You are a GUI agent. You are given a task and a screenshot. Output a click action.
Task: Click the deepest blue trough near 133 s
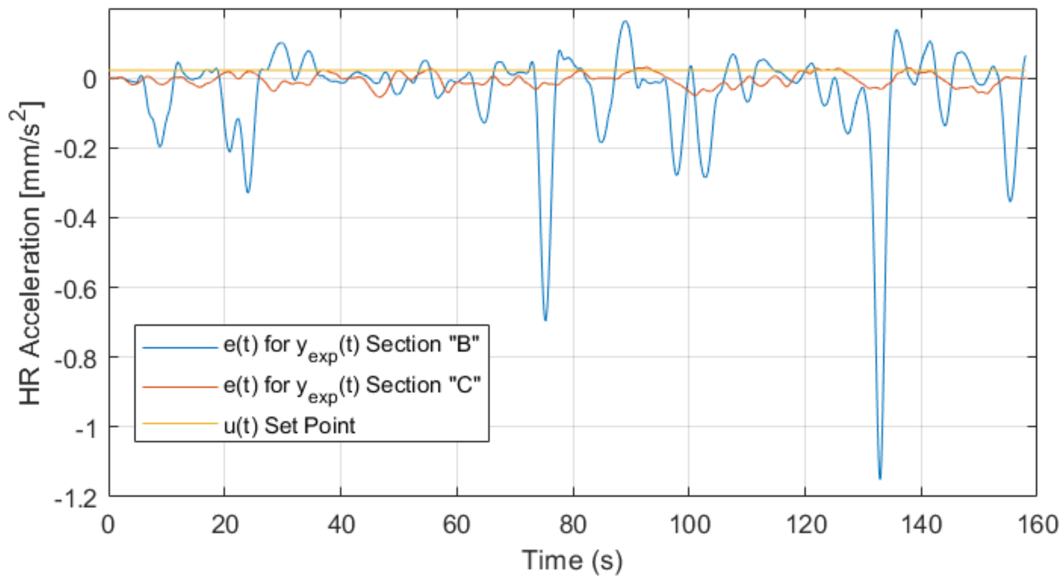(x=879, y=479)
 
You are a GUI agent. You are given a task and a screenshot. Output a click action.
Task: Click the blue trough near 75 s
(x=545, y=320)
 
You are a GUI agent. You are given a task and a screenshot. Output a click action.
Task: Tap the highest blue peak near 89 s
(x=625, y=22)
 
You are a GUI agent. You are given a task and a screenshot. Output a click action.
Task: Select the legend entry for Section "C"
(x=351, y=386)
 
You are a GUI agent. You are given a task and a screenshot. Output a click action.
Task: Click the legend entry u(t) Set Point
(x=289, y=426)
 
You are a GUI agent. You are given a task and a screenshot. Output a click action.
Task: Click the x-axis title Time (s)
(x=572, y=560)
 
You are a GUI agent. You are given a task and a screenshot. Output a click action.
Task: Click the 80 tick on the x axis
(x=573, y=525)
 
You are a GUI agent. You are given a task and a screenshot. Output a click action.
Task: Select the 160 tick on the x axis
(x=1036, y=525)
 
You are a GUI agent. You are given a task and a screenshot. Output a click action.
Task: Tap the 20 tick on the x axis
(x=225, y=525)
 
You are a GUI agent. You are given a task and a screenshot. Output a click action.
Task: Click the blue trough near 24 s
(x=247, y=192)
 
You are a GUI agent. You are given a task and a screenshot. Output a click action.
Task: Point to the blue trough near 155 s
(x=1010, y=201)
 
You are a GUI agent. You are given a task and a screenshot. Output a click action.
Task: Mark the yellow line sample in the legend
(x=180, y=423)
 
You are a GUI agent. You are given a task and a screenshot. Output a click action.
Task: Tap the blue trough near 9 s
(x=160, y=147)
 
